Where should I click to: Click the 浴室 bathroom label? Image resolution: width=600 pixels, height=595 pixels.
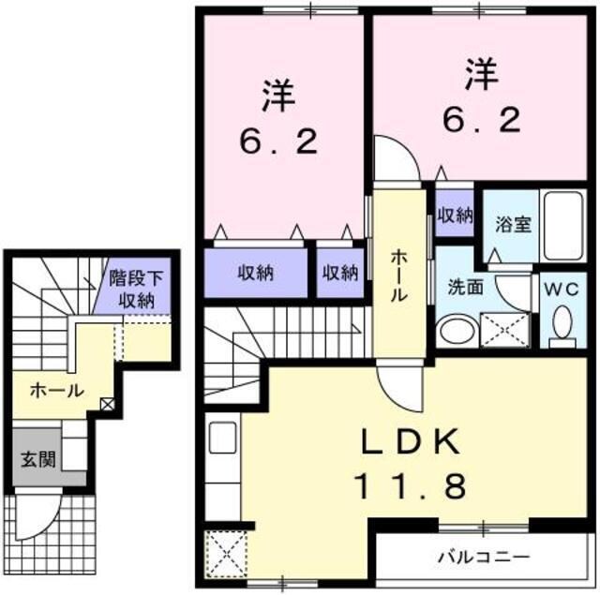(x=513, y=226)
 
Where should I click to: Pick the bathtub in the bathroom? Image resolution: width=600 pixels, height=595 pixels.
(x=562, y=224)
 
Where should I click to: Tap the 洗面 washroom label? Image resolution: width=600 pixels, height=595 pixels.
(x=465, y=287)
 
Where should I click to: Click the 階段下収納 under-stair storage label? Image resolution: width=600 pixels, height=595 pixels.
(x=137, y=288)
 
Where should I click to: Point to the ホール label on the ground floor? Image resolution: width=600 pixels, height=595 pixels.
(x=57, y=390)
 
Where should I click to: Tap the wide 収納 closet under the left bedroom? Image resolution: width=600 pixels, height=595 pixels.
(x=255, y=273)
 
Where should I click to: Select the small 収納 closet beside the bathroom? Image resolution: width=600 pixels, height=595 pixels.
(x=455, y=216)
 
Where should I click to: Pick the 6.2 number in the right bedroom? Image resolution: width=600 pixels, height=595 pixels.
(x=478, y=118)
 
